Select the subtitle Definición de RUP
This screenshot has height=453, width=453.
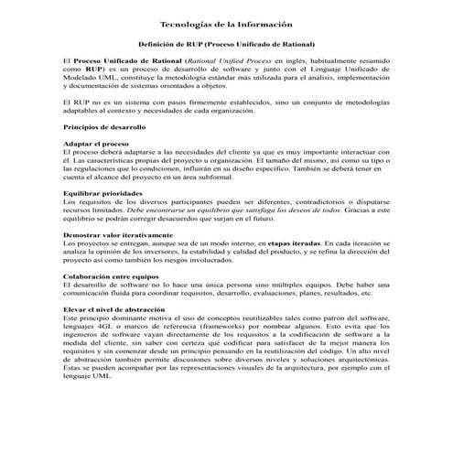pyautogui.click(x=226, y=42)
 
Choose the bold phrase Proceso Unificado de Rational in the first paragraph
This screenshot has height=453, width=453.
pyautogui.click(x=122, y=59)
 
